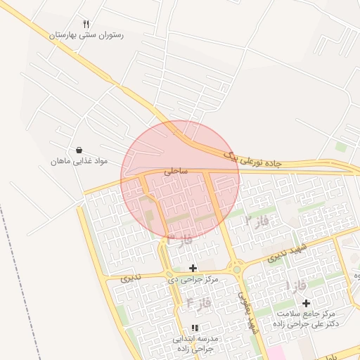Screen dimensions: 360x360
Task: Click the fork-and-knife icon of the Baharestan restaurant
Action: pyautogui.click(x=86, y=23)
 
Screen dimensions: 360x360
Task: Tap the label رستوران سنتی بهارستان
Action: pyautogui.click(x=86, y=34)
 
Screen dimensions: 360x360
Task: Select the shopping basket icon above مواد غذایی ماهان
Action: pyautogui.click(x=79, y=150)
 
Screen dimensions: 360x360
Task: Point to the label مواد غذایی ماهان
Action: pyautogui.click(x=79, y=162)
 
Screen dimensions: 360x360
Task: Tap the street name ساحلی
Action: pyautogui.click(x=174, y=171)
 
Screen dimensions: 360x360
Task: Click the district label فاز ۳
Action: pyautogui.click(x=179, y=241)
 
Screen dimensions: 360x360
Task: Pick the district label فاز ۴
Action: pyautogui.click(x=200, y=304)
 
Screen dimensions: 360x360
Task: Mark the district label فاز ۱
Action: pyautogui.click(x=296, y=285)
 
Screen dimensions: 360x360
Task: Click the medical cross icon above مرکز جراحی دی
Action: pyautogui.click(x=193, y=268)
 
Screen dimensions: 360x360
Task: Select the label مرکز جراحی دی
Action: pyautogui.click(x=193, y=279)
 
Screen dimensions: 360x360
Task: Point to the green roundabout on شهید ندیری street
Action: pyautogui.click(x=237, y=268)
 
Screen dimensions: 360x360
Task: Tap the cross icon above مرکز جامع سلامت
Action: pyautogui.click(x=306, y=303)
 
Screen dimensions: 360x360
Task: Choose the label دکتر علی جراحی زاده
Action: pyautogui.click(x=308, y=323)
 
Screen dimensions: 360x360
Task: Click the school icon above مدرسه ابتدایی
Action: pyautogui.click(x=195, y=328)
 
